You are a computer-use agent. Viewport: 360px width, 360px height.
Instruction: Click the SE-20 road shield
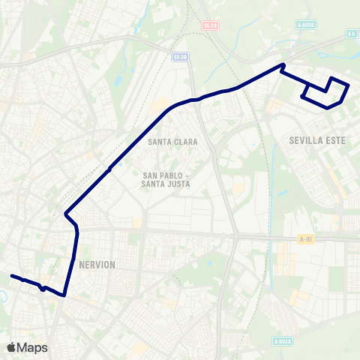pos(209,25)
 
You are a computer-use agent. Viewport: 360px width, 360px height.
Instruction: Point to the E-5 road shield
pos(351,34)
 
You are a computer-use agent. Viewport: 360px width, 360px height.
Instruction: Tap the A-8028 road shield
pos(282,341)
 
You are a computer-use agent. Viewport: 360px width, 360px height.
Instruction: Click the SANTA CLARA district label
pos(172,141)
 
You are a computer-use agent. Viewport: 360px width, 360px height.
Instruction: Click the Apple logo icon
pos(12,347)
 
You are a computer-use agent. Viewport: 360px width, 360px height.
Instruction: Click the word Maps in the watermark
pos(32,347)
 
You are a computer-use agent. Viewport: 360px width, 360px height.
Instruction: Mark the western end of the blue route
pos(11,276)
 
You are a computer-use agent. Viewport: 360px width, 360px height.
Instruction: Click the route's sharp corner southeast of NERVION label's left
pos(64,295)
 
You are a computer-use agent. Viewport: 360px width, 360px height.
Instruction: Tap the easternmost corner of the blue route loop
pos(348,85)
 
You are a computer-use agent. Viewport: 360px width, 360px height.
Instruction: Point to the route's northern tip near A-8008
pos(283,64)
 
